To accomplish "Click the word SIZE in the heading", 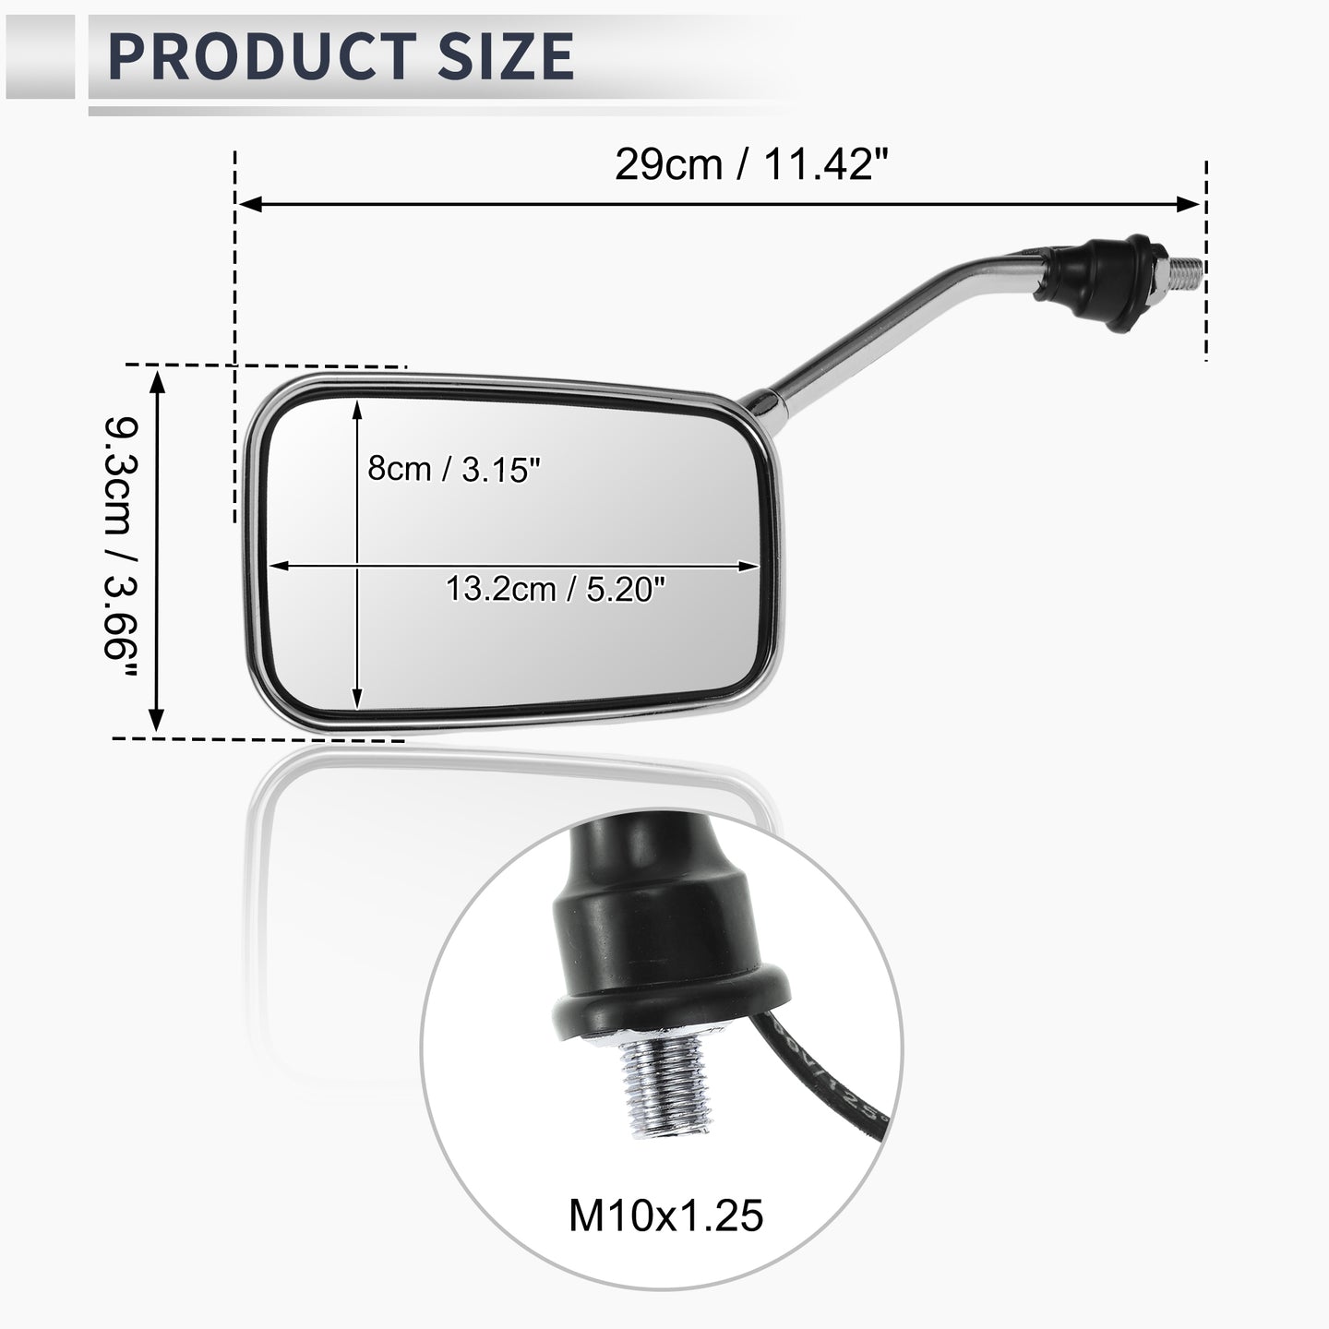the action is (x=507, y=56).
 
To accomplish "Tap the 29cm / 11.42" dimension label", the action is (x=752, y=165).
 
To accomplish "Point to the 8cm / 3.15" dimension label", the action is (x=453, y=469).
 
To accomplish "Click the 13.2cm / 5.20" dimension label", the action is (x=556, y=589).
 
